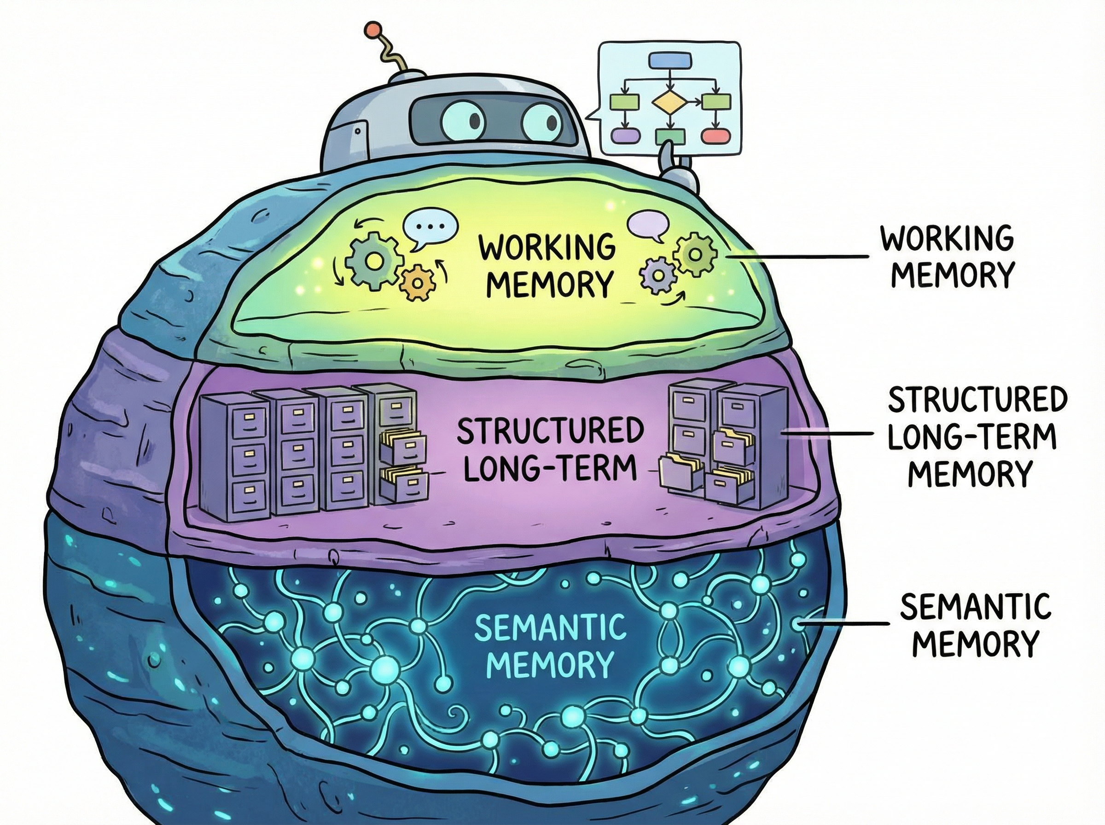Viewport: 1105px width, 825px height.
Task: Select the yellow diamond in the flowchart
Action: (x=669, y=102)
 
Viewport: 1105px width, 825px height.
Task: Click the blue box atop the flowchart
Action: (x=669, y=61)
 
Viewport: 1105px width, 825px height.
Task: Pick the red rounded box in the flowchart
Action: (x=716, y=135)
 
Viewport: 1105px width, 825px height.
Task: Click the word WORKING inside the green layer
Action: (x=547, y=248)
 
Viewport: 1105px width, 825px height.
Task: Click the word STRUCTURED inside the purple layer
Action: (x=549, y=431)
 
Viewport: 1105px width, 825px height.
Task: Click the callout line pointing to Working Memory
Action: (x=799, y=257)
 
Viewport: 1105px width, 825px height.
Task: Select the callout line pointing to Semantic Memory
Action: (x=844, y=623)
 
